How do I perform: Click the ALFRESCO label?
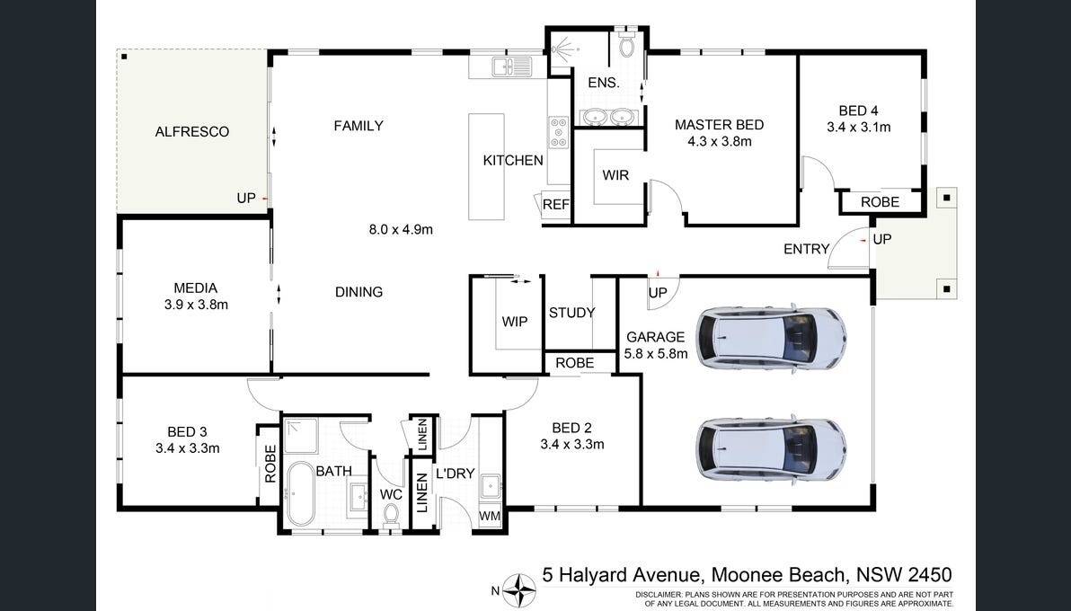pos(192,132)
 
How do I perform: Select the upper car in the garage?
pos(771,337)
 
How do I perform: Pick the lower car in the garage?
pos(771,450)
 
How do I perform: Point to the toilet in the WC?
pos(391,515)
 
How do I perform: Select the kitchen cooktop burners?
pos(559,132)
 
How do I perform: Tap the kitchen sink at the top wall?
pos(511,66)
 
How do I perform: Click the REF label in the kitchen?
pos(556,204)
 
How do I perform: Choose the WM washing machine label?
pos(489,517)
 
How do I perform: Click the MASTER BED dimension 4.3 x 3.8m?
pos(719,141)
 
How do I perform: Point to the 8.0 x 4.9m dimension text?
pos(401,230)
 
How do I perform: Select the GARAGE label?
pos(656,337)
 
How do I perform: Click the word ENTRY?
pos(807,250)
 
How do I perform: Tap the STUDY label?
pos(571,313)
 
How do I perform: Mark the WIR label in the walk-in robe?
pos(615,175)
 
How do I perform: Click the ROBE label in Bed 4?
pos(880,202)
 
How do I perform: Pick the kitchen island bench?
pos(486,167)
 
